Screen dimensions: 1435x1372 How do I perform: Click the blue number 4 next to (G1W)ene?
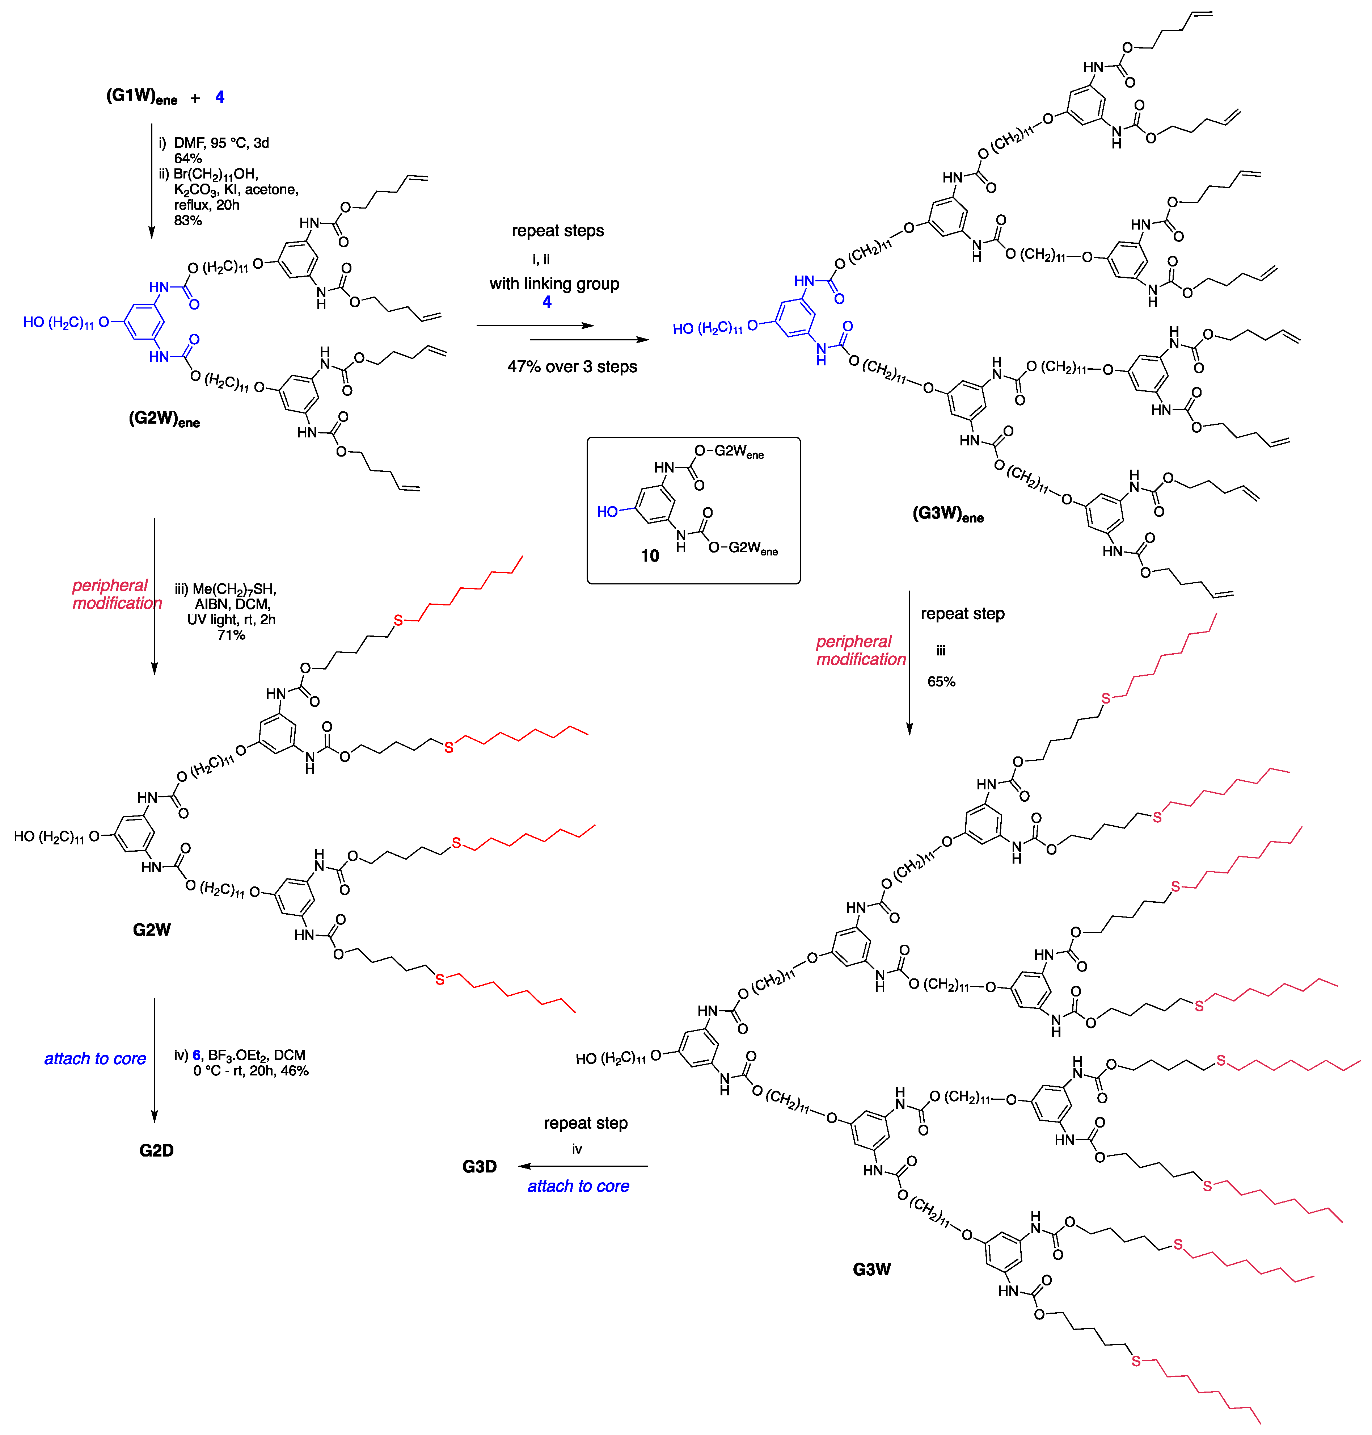coord(219,97)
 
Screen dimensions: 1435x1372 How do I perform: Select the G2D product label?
coord(156,1150)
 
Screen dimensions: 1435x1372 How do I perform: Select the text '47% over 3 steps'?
coord(572,366)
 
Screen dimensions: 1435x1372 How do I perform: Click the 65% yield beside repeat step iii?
coord(941,681)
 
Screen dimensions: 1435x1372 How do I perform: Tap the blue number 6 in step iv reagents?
coord(196,1054)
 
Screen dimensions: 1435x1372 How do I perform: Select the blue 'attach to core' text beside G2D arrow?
coord(95,1058)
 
